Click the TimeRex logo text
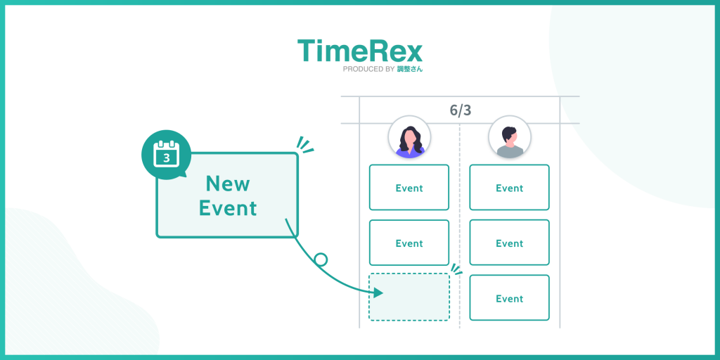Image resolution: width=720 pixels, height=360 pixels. [359, 51]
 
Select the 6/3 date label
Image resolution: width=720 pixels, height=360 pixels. [460, 110]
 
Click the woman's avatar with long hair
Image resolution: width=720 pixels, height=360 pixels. [409, 137]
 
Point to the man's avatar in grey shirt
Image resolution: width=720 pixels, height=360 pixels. [510, 137]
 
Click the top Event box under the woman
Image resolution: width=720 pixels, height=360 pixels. [409, 188]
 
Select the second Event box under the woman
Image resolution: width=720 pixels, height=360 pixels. [409, 243]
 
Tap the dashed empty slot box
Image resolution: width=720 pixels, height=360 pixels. [409, 297]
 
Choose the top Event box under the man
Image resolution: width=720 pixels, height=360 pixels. [509, 188]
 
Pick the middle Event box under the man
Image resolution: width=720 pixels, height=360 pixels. [509, 243]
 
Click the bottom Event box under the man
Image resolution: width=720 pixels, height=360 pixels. [509, 298]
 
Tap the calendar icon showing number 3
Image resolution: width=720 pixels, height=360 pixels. [167, 154]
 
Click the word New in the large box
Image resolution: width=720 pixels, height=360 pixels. [227, 184]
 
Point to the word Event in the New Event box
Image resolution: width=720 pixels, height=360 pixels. [227, 208]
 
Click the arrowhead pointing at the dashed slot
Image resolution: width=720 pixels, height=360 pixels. [378, 291]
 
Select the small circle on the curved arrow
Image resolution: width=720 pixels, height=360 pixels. [321, 259]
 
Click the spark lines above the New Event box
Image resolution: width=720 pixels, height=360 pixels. [304, 143]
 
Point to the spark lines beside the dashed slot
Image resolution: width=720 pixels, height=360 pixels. [456, 269]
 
